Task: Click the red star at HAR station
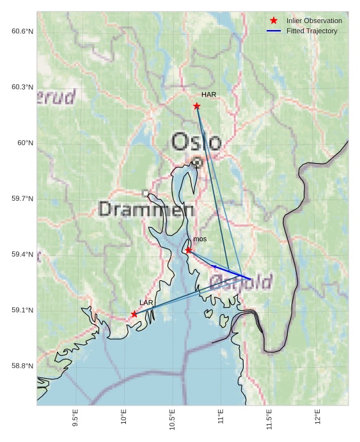(197, 106)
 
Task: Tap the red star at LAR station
(134, 314)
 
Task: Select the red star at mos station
(189, 250)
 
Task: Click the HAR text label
(208, 95)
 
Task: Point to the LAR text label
(146, 303)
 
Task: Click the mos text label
(200, 239)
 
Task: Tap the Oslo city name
(197, 142)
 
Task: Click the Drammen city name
(147, 209)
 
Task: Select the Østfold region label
(241, 281)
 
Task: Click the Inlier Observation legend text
(314, 21)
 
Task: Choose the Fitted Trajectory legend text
(312, 31)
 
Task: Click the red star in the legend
(274, 21)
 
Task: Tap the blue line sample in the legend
(274, 31)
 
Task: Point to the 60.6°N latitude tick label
(22, 31)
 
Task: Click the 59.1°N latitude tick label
(22, 310)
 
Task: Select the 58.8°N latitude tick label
(22, 366)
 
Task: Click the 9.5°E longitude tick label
(75, 418)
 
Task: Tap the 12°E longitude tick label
(318, 416)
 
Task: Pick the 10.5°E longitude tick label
(173, 420)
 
